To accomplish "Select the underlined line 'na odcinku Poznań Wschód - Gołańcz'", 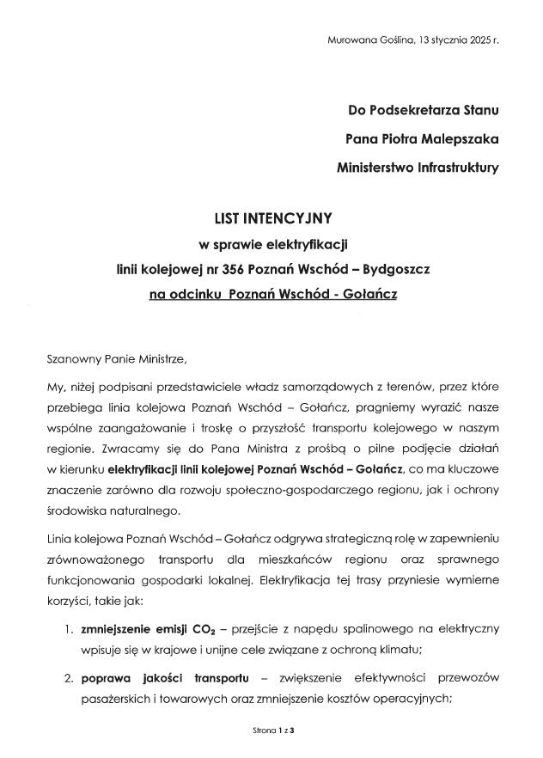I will click(271, 295).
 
